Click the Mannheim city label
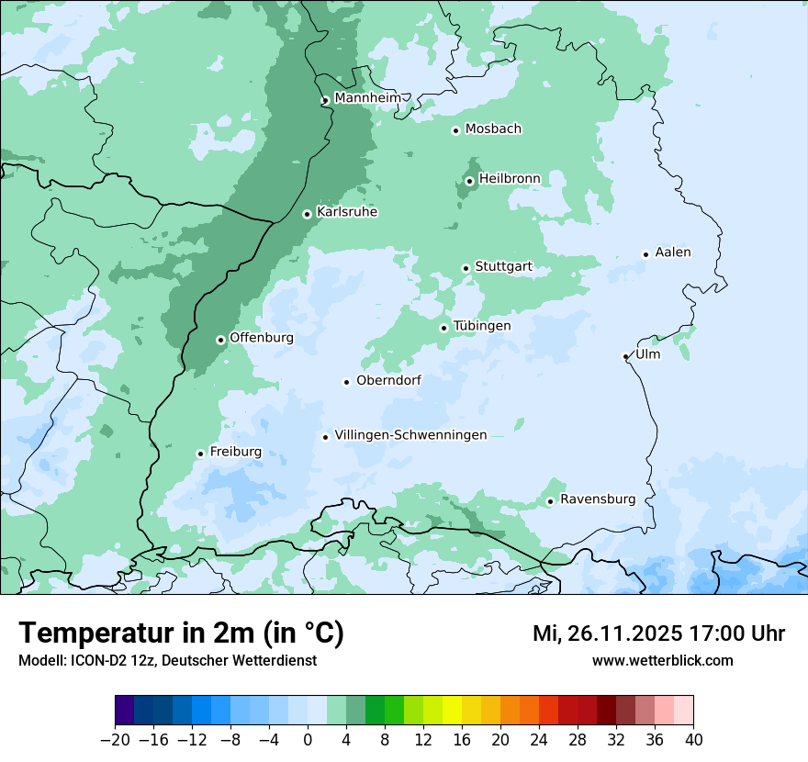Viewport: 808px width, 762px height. click(x=367, y=98)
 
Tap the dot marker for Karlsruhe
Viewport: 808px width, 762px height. click(x=308, y=214)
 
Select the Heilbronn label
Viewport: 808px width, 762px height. click(x=510, y=178)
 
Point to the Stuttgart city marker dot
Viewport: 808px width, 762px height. click(x=466, y=268)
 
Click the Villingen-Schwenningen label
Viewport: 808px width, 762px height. click(x=410, y=435)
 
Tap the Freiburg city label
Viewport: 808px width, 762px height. click(x=235, y=452)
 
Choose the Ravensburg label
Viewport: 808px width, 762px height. click(x=597, y=499)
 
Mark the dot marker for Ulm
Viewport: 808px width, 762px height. click(x=626, y=356)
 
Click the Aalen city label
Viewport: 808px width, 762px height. click(x=673, y=252)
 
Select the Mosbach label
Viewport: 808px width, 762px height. click(x=493, y=129)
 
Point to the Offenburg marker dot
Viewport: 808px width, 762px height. click(x=220, y=340)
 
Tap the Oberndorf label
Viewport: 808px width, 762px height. click(x=388, y=380)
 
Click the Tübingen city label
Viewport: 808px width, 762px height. click(x=482, y=326)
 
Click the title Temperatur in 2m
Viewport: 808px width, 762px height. click(x=181, y=633)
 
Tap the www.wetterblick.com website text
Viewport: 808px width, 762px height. click(x=662, y=660)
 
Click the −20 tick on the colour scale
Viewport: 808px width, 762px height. click(x=115, y=740)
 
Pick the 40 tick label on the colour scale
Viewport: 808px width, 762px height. click(x=693, y=740)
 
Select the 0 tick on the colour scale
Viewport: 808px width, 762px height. click(x=308, y=740)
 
